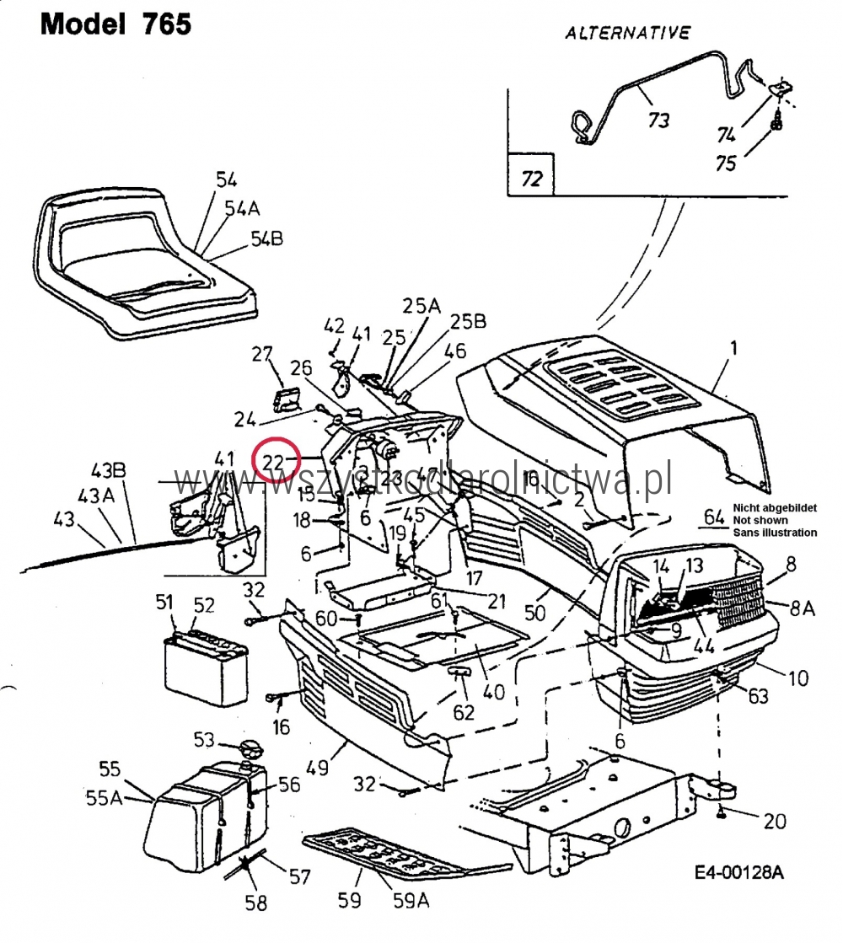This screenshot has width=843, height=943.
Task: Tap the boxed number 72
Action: [x=532, y=179]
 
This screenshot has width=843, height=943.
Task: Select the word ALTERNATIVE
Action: [x=627, y=34]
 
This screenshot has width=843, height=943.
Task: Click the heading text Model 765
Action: [x=116, y=24]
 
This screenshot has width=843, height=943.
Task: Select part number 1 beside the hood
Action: [x=733, y=347]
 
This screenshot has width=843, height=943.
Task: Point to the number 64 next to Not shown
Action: [x=714, y=517]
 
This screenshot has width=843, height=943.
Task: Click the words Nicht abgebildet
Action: [x=774, y=507]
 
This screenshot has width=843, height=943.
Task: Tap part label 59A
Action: [x=411, y=900]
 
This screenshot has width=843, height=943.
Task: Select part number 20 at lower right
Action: [x=774, y=821]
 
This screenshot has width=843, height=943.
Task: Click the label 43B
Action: [x=108, y=470]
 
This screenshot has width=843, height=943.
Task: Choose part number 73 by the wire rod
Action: [x=658, y=119]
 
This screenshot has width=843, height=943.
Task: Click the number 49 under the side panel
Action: [x=317, y=768]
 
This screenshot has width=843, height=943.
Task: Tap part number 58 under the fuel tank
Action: [x=255, y=903]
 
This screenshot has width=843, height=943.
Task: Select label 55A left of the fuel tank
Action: [x=104, y=796]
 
